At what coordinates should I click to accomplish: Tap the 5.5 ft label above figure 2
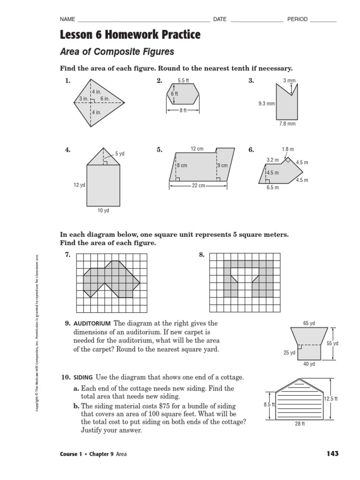click(183, 81)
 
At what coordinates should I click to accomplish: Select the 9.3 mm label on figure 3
click(266, 104)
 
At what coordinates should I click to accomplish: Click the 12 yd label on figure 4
click(79, 185)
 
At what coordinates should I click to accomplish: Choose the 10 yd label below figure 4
click(103, 211)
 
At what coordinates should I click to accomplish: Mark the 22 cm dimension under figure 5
click(199, 186)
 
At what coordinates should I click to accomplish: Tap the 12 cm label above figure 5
click(197, 149)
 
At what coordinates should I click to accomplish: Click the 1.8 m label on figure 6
click(288, 150)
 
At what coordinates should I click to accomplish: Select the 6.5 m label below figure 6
click(273, 187)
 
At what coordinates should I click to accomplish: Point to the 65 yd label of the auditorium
click(309, 323)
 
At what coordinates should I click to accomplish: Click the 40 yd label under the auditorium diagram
click(309, 364)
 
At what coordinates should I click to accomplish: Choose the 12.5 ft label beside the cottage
click(331, 398)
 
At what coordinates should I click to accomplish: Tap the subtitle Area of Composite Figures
click(117, 52)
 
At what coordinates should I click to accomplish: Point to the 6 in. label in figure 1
click(105, 99)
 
